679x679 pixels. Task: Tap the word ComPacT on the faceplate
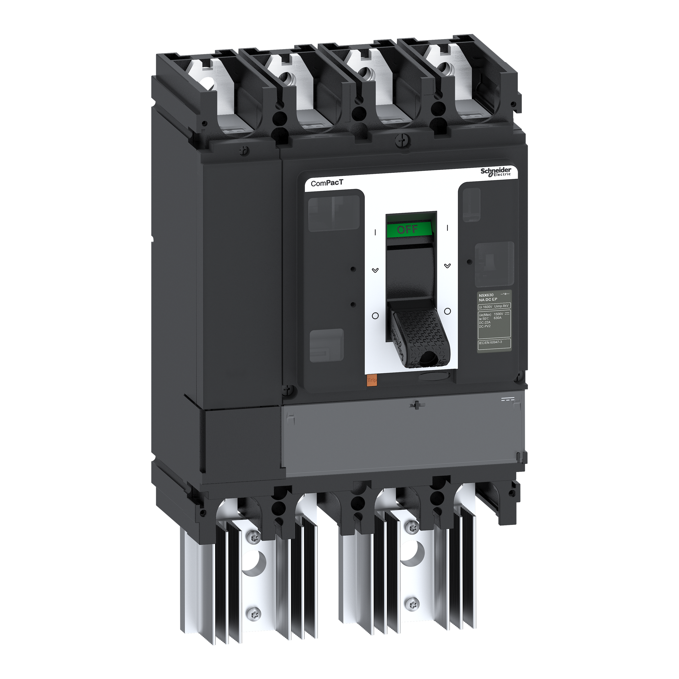point(322,183)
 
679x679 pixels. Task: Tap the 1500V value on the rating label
point(498,314)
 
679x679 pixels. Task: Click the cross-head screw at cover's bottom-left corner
point(287,389)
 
